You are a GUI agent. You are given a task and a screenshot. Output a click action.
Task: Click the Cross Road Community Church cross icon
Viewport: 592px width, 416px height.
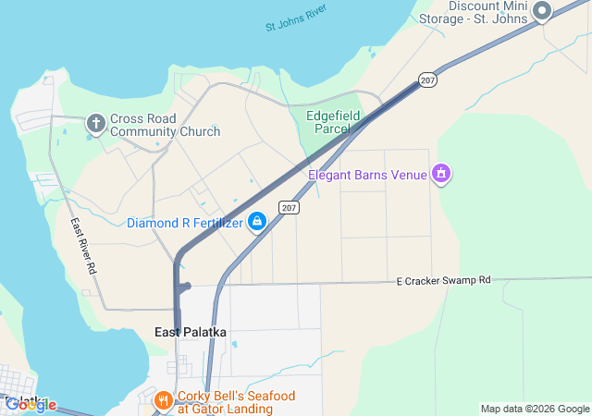pos(95,122)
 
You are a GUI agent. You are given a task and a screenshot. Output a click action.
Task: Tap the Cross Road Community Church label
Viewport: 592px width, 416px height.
pos(165,125)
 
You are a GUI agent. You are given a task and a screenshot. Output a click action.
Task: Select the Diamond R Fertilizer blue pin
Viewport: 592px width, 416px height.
pos(258,222)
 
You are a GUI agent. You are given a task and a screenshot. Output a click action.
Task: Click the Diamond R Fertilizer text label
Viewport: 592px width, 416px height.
pos(185,223)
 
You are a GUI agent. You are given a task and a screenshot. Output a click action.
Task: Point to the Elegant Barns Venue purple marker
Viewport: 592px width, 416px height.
pos(441,174)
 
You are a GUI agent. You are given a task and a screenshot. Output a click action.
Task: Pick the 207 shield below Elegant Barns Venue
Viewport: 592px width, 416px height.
pos(290,207)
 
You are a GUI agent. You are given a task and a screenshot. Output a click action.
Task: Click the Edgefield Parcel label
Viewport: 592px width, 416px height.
pos(334,122)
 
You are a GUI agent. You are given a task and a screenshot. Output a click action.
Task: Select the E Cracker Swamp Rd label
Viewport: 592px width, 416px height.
pos(443,280)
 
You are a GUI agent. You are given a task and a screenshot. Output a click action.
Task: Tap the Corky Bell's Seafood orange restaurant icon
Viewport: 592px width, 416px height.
pos(163,400)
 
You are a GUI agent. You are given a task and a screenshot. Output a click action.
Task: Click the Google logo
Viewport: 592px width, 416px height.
pos(31,404)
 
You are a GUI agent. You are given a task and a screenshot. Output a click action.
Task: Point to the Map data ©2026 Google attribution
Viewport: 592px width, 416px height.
pos(534,409)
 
